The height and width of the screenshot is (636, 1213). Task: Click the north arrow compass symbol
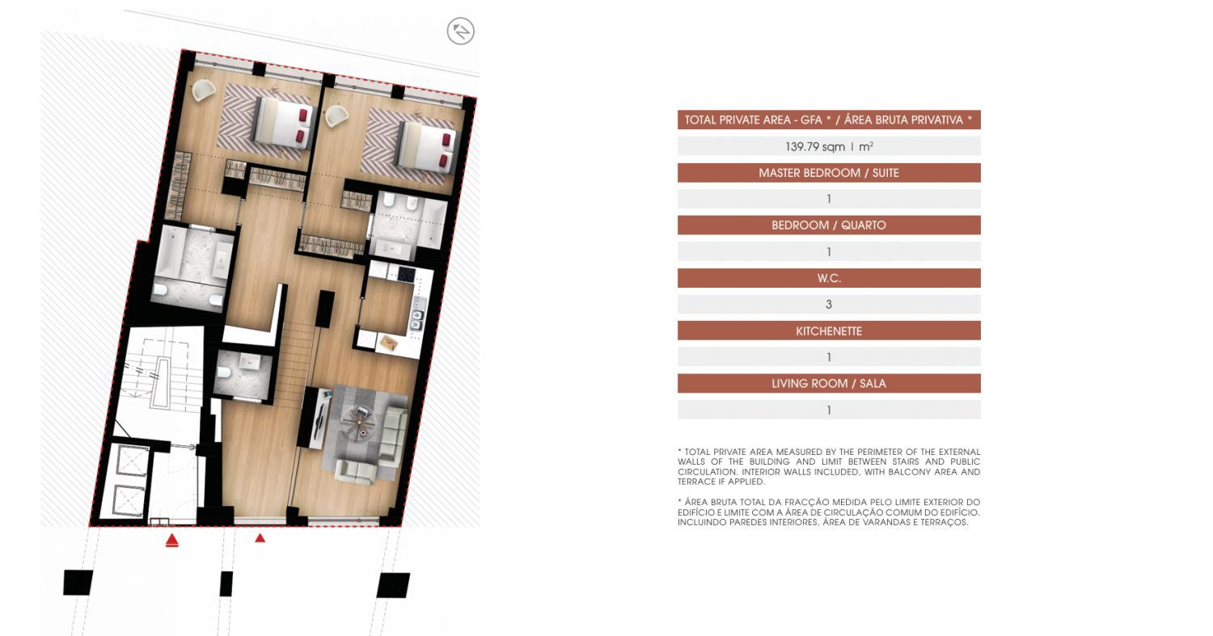point(461,31)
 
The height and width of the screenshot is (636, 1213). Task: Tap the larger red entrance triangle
point(171,540)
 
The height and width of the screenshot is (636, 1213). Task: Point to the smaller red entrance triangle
point(260,537)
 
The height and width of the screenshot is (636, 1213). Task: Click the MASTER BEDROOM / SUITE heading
point(829,173)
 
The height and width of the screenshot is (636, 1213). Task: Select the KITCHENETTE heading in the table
point(829,331)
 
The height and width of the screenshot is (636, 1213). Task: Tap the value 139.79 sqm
point(815,147)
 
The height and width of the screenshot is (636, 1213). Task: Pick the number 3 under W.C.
point(829,304)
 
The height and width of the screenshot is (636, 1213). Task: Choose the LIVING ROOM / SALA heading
point(829,383)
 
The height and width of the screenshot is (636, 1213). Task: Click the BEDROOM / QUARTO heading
point(829,225)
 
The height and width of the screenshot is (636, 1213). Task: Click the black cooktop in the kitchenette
point(406,274)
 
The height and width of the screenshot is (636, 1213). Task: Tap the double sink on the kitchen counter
point(417,320)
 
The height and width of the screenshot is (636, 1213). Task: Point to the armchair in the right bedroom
point(336,116)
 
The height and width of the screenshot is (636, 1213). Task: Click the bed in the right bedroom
point(425,146)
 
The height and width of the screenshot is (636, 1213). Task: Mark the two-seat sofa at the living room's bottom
point(356,471)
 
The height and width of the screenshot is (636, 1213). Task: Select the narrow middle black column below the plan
point(226,584)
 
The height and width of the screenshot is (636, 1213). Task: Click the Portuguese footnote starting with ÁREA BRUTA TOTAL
point(829,512)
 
